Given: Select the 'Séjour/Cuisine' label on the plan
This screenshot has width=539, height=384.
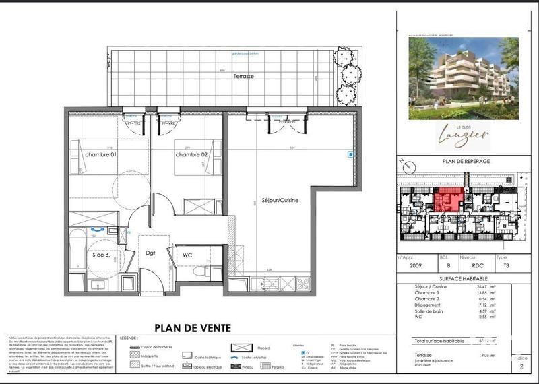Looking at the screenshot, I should coord(280,201).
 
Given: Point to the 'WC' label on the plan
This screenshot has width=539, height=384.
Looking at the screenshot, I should coord(188,255).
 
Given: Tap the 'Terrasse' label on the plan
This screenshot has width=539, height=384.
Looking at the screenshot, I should coord(243,77).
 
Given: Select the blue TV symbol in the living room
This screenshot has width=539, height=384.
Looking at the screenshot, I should coord(349,154).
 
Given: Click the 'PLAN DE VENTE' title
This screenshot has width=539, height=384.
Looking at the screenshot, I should coord(193,328).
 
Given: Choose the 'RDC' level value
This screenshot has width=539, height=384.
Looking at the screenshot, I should coord(468,265).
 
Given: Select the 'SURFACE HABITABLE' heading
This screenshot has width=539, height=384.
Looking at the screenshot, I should coord(462,278).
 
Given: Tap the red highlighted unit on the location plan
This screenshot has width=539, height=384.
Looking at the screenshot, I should coord(448,199).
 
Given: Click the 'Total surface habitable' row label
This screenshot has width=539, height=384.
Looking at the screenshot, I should coord(441,342).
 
